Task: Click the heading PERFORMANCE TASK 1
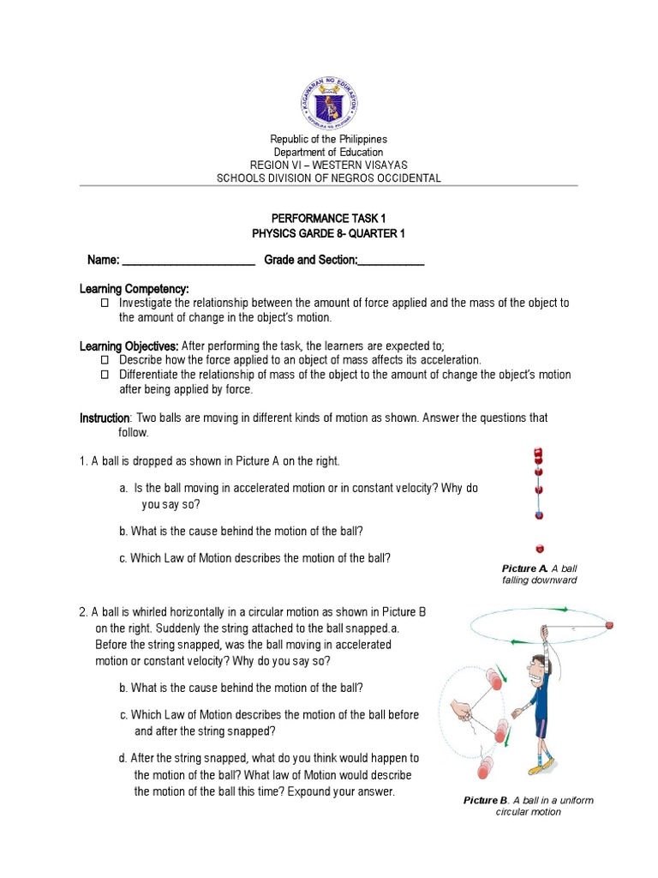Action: point(328,219)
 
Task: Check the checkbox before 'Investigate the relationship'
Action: point(106,304)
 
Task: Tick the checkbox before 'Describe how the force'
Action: point(106,360)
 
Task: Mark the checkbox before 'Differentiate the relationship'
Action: point(106,375)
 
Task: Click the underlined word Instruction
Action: point(105,418)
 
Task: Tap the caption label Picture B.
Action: point(487,800)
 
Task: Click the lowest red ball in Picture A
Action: point(539,548)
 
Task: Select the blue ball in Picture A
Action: point(539,514)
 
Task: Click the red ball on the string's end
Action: point(609,625)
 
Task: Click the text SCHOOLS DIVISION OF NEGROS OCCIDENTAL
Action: point(329,178)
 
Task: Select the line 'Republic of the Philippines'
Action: point(329,139)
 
